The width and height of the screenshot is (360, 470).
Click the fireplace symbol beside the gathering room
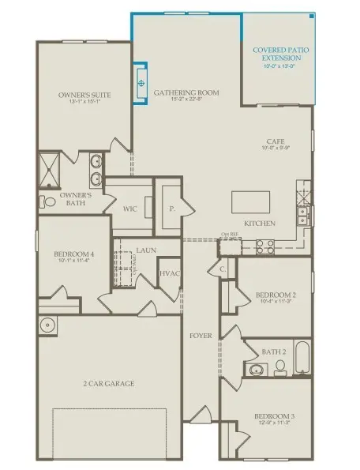click(x=141, y=82)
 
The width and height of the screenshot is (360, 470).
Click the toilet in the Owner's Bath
click(x=48, y=202)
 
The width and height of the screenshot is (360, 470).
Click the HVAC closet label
click(x=170, y=273)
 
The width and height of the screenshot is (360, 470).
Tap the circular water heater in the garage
click(x=48, y=325)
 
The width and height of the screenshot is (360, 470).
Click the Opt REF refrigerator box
click(x=230, y=248)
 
